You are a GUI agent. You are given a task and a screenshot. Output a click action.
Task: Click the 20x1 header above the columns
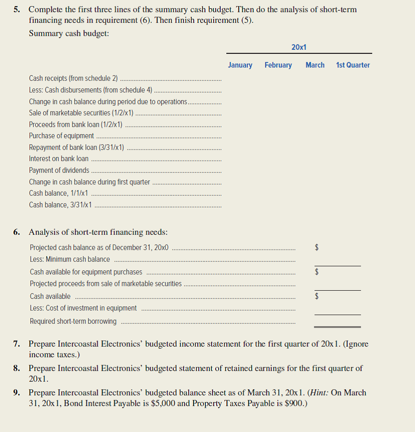[x=299, y=47]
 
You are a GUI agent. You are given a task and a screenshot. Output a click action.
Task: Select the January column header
[x=240, y=65]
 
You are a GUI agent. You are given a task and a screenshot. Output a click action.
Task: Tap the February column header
[x=278, y=65]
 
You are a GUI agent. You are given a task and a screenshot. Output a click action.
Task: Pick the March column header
[x=315, y=65]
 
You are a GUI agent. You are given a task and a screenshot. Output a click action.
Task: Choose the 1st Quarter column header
[x=353, y=65]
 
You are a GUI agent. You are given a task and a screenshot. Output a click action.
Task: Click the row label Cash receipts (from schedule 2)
[x=73, y=78]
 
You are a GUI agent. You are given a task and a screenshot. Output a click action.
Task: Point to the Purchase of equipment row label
[x=62, y=136]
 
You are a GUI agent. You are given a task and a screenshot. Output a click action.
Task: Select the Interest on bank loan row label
[x=58, y=159]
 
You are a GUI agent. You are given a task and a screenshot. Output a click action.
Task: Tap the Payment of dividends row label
[x=59, y=170]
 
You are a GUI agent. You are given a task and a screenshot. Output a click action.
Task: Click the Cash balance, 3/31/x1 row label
[x=61, y=205]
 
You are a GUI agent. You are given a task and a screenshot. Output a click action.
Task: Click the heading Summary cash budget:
[x=69, y=33]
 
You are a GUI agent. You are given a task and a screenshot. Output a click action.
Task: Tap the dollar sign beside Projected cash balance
[x=317, y=248]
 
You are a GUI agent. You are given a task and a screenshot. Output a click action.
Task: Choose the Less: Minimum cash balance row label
[x=70, y=259]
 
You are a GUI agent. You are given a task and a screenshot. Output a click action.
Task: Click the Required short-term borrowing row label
[x=73, y=321]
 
